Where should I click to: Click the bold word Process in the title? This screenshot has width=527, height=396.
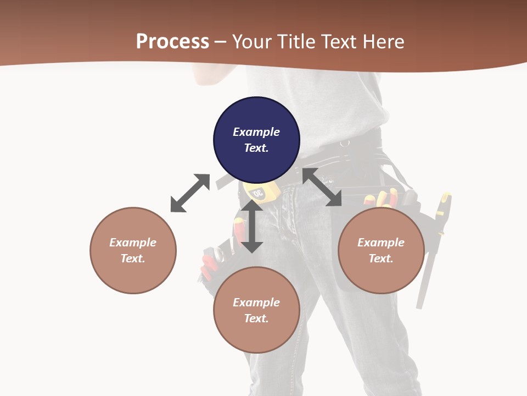(172, 42)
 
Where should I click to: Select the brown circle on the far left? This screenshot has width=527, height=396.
(133, 250)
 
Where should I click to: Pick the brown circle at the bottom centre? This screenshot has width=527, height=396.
(256, 310)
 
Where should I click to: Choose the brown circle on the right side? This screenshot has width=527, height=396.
(381, 250)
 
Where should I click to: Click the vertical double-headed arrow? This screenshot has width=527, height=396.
(252, 226)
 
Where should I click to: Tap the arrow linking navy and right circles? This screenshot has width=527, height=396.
(322, 188)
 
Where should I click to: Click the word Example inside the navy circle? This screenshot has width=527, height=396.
(256, 132)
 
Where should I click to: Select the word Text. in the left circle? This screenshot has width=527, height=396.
(133, 258)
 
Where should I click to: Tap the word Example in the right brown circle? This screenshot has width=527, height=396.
(381, 243)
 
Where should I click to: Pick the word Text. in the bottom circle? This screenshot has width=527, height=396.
(256, 318)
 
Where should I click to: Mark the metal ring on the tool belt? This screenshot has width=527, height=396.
(345, 144)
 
